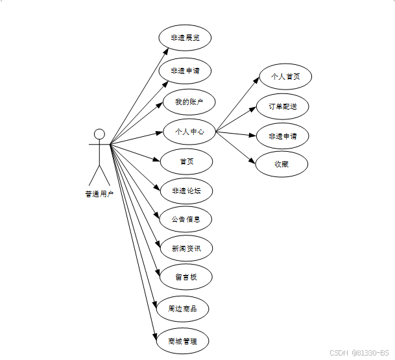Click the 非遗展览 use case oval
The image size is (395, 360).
coord(186,38)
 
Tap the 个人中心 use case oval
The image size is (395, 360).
coord(189,132)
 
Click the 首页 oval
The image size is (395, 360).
coord(186,162)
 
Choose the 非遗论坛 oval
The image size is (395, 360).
coord(186,191)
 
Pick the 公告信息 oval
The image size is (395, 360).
coord(186,219)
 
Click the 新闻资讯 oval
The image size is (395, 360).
coord(186,248)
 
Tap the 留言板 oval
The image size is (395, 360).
coord(186,278)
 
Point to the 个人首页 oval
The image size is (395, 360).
coord(285,77)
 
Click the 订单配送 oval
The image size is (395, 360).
coord(283,106)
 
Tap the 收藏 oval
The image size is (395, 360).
coord(281,165)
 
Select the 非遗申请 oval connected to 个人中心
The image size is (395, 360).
coord(283,136)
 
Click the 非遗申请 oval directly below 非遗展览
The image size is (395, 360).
coord(186,70)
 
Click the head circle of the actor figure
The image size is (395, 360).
coord(99,134)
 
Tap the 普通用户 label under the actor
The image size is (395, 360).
coord(99,193)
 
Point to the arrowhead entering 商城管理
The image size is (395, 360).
coord(155,334)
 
